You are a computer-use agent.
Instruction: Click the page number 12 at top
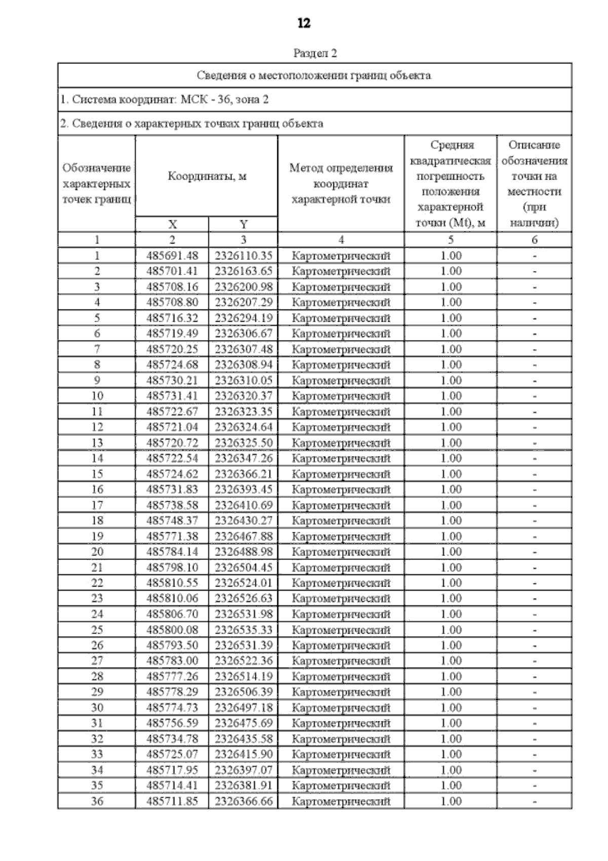coord(304,23)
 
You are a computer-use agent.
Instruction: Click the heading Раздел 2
coord(315,53)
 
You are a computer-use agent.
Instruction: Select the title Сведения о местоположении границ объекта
coord(314,76)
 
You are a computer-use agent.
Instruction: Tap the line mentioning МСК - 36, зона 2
coord(164,99)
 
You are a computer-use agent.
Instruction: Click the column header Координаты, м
coord(207,177)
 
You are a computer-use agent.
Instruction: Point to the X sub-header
coord(172,225)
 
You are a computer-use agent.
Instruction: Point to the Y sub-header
coord(243,225)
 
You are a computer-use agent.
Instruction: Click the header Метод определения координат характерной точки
coord(341,184)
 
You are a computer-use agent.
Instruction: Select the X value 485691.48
coord(172,256)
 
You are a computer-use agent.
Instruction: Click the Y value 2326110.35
coord(244,256)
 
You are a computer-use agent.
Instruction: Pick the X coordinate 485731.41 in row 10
coord(172,396)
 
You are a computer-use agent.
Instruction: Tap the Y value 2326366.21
coord(244,474)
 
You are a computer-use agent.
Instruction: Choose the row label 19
coord(97,536)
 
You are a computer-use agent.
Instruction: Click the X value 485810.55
coord(172,583)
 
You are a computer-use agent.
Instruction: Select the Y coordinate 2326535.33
coord(244,630)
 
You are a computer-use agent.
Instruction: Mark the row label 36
coord(97,801)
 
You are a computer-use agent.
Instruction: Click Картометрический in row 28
coord(341,676)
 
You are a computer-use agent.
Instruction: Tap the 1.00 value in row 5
coord(451,318)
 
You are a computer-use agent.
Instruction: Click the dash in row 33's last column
coord(535,754)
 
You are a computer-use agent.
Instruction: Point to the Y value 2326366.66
coord(244,801)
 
